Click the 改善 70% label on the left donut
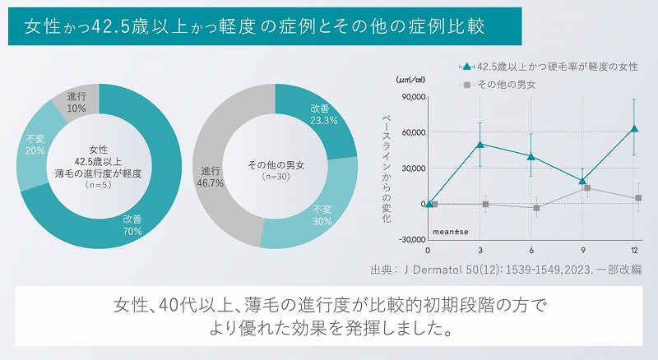point(132,225)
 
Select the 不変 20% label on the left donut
point(35,145)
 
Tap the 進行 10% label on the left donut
point(76,102)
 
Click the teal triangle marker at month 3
point(480,144)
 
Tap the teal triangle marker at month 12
point(634,128)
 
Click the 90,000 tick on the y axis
point(409,97)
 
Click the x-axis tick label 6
point(531,249)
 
